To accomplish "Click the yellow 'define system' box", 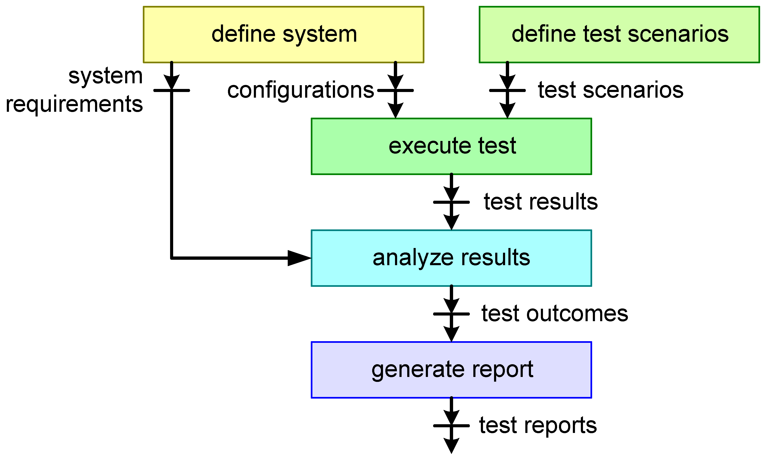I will coord(283,34).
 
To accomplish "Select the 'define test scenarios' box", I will coord(619,34).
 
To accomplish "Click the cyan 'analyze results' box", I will coord(451,258).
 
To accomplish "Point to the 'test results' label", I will coord(540,202).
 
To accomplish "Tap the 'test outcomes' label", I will coord(555,313).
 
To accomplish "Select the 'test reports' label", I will coord(538,425).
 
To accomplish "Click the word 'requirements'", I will coord(74,104).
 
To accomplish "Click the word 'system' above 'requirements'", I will coord(105,76).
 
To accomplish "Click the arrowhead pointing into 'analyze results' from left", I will coord(298,258).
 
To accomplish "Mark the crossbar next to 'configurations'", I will coord(395,91).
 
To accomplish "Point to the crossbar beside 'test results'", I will coord(451,202).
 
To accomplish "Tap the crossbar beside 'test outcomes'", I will coord(451,314).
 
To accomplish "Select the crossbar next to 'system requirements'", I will coord(171,91).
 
